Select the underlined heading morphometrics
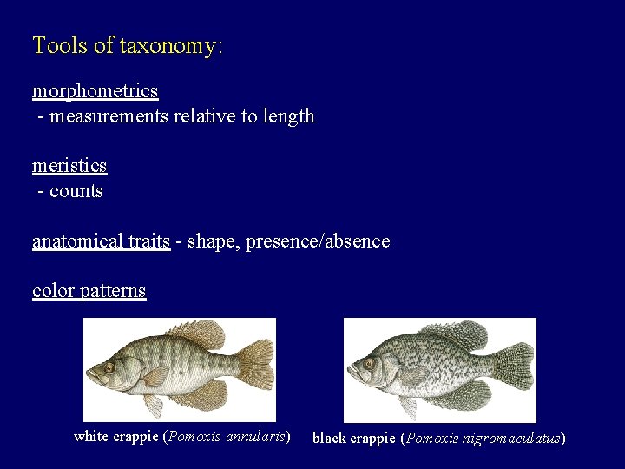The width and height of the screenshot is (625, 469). [x=95, y=90]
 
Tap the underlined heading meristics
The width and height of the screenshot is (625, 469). [x=69, y=165]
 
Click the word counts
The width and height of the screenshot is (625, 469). [x=76, y=191]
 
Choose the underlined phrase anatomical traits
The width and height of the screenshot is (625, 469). [x=101, y=241]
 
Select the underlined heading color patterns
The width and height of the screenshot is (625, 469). [x=89, y=290]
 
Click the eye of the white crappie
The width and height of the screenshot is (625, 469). [x=109, y=367]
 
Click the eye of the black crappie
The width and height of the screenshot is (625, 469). [x=370, y=363]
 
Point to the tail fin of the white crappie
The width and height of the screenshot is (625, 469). [x=255, y=364]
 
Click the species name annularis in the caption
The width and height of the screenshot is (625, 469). [x=255, y=437]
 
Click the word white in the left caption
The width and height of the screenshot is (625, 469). [x=91, y=437]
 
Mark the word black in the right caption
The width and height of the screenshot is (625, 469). [x=329, y=439]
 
